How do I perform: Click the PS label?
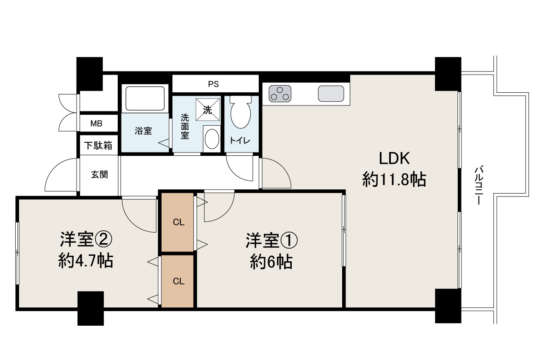point(213,84)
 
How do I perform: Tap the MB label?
point(96,124)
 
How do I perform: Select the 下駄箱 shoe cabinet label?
point(98,145)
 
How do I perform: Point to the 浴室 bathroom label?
point(143,131)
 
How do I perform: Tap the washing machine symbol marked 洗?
point(207,110)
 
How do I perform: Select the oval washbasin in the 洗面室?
point(211,138)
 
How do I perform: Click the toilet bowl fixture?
point(241,113)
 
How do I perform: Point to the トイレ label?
point(241,140)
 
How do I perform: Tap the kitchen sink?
point(331,94)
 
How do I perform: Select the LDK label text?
point(394,159)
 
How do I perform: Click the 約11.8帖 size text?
point(394,180)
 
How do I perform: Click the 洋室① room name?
point(271,241)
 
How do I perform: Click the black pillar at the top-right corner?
point(448,74)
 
